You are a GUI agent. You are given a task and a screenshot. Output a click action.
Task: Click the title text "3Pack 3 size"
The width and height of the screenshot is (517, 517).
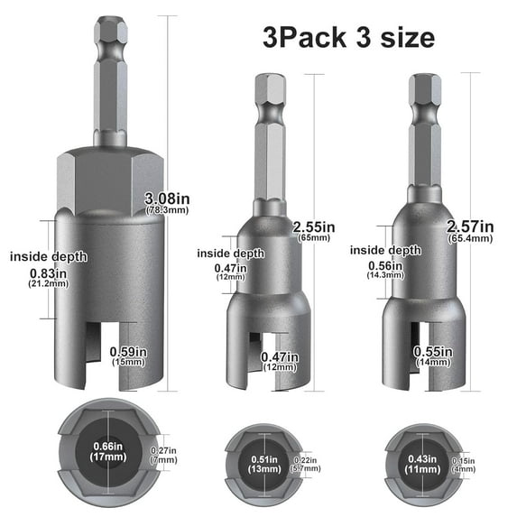click(x=348, y=37)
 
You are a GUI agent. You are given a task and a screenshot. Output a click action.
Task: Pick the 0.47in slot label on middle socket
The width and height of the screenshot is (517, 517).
click(x=279, y=357)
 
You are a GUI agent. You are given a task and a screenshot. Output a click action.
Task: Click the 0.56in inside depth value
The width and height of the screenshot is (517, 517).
click(x=384, y=265)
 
